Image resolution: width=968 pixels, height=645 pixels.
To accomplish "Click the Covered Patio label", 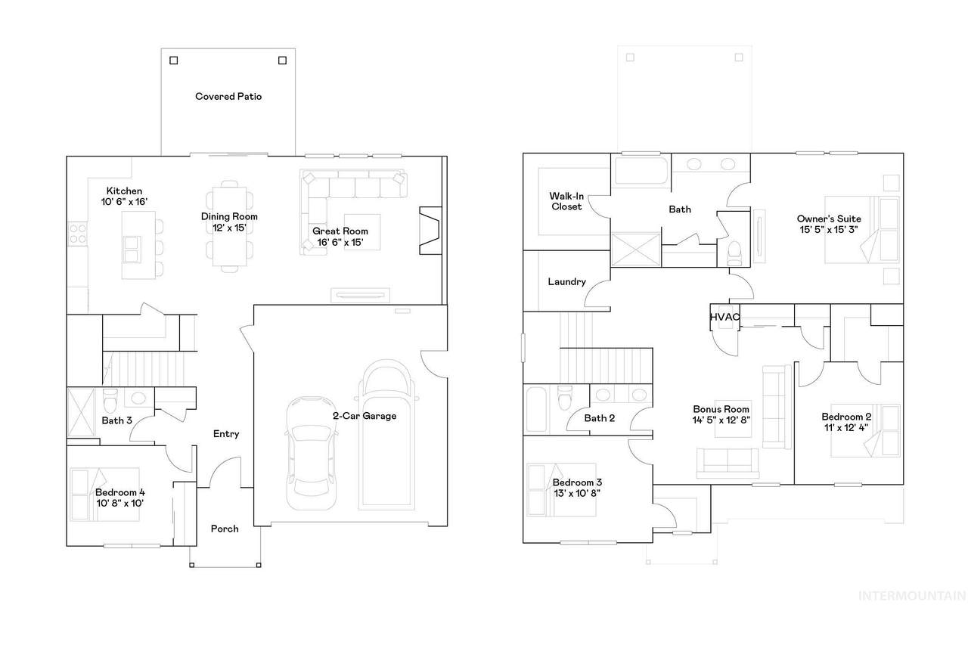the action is tap(228, 96).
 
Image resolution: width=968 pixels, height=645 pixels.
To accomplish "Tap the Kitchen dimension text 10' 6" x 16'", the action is tap(125, 202).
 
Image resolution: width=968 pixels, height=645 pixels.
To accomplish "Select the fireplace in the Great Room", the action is tap(430, 231).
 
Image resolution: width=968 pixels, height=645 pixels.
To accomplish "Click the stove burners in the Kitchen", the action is tap(78, 234).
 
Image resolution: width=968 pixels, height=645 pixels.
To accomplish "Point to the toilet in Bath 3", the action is tap(110, 401).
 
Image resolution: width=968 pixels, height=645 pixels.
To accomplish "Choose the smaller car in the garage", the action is tap(311, 453).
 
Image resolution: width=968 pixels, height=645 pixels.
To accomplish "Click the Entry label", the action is tap(226, 434).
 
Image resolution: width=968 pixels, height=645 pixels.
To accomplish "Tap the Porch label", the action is tap(225, 529).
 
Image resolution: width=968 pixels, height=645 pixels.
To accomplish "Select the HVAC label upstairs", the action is tap(724, 317).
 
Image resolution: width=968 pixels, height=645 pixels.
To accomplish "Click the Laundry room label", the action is tap(566, 282).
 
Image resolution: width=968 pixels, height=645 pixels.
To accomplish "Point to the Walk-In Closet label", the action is tap(566, 201).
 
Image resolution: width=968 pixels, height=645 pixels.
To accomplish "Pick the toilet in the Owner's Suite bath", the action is tap(734, 253).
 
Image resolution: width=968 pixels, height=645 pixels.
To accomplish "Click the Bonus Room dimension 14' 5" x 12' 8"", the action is tap(721, 420).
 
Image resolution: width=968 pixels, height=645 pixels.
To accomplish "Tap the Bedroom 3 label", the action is tap(577, 482).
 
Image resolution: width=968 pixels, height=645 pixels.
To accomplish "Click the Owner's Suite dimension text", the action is tap(829, 229).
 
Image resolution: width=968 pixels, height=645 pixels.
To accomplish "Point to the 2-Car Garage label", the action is tap(365, 416).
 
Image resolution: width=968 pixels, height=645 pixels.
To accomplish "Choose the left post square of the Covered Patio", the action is tap(174, 60).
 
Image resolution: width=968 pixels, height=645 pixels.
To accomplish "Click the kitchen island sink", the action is tap(132, 250).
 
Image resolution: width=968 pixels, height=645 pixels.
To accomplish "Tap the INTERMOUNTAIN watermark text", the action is tap(912, 596).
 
